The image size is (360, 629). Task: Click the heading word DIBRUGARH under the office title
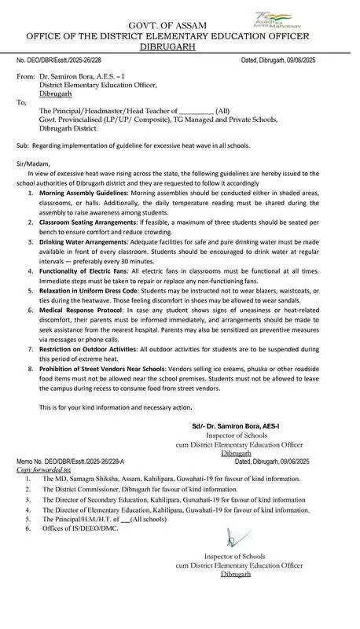pos(181,46)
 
